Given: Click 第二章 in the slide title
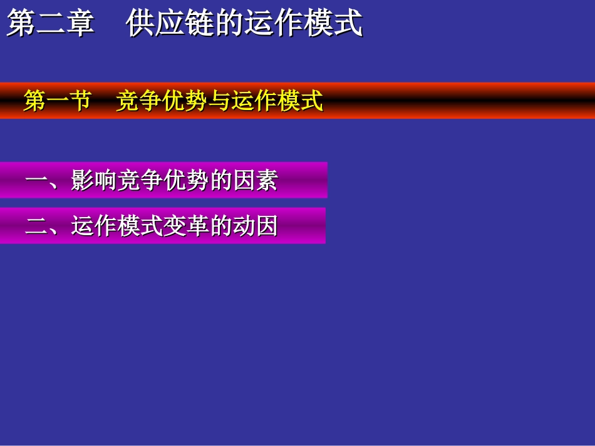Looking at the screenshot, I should coord(50,24).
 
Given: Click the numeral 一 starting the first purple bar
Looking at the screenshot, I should coord(36,181).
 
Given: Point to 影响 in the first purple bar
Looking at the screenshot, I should coord(93,181).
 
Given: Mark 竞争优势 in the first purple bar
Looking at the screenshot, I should coord(162,181).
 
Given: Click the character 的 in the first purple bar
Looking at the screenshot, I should coord(220,181).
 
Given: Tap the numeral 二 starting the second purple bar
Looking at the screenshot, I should coord(36,226).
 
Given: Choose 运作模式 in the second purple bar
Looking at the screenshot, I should coord(116,226).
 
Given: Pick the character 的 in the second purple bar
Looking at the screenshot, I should coord(220,226).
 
